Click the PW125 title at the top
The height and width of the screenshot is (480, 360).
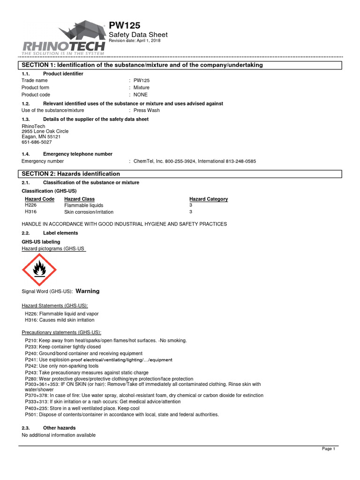pos(124,26)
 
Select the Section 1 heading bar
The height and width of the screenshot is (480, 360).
pos(140,65)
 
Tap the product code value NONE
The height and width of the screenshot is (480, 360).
pos(140,95)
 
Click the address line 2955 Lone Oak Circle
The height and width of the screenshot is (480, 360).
pos(45,131)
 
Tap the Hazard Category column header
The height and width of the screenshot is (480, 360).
pos(208,199)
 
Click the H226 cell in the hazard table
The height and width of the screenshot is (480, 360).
pos(30,205)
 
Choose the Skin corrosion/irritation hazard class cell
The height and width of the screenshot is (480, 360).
pos(89,212)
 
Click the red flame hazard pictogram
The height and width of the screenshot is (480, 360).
pos(39,270)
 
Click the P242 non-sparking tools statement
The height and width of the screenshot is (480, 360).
pos(61,366)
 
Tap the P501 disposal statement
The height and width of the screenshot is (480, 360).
pos(121,414)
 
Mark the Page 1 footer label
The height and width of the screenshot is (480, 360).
pos(328,449)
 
